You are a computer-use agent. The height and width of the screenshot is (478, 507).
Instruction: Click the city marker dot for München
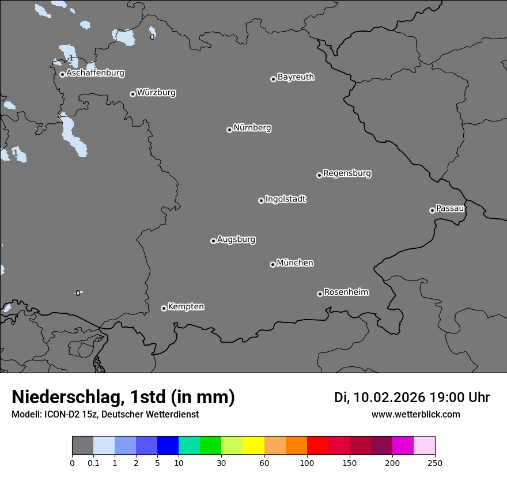tap(273, 265)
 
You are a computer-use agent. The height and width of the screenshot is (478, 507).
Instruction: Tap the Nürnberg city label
tap(252, 128)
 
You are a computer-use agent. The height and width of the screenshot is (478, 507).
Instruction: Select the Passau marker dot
tap(432, 210)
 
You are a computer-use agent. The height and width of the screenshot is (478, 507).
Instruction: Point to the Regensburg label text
tap(347, 173)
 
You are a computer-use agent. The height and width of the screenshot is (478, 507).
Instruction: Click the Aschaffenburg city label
tap(95, 73)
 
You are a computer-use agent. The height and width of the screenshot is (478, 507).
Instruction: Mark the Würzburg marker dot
tap(133, 94)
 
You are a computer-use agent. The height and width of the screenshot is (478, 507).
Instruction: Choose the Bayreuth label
tap(296, 77)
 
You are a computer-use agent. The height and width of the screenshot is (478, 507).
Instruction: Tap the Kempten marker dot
tap(164, 308)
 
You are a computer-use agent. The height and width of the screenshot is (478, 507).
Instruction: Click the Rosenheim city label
tap(346, 293)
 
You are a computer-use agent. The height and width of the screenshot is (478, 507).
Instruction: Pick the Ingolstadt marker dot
tap(261, 200)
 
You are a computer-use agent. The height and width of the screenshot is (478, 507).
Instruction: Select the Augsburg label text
tap(236, 240)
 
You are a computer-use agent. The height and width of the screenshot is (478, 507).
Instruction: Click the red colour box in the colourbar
tap(317, 446)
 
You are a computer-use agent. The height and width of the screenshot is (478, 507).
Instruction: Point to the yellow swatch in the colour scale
tap(253, 446)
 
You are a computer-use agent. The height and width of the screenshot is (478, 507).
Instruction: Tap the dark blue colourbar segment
tap(168, 446)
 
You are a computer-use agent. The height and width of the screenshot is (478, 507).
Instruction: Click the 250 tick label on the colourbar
tap(434, 462)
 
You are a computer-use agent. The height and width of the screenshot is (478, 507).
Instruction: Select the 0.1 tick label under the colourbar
tap(93, 462)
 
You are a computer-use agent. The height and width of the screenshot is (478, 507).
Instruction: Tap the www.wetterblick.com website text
tap(416, 414)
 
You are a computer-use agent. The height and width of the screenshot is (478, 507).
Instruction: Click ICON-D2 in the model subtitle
tap(59, 414)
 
